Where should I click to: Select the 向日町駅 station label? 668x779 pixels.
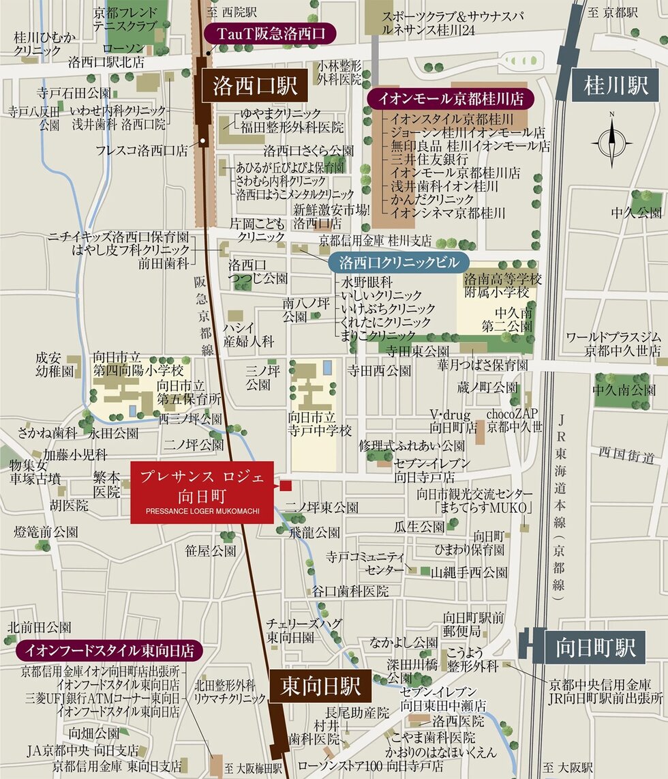[595, 646]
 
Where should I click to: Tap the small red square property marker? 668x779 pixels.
[286, 486]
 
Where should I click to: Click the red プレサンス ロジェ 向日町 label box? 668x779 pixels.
[202, 492]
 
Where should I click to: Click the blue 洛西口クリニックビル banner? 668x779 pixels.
[395, 263]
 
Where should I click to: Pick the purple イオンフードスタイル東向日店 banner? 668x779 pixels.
[109, 649]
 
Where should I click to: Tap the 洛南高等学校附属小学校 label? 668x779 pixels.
[502, 286]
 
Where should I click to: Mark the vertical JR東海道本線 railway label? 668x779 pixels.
[562, 504]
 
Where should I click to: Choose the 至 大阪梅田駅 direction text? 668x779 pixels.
[253, 767]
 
